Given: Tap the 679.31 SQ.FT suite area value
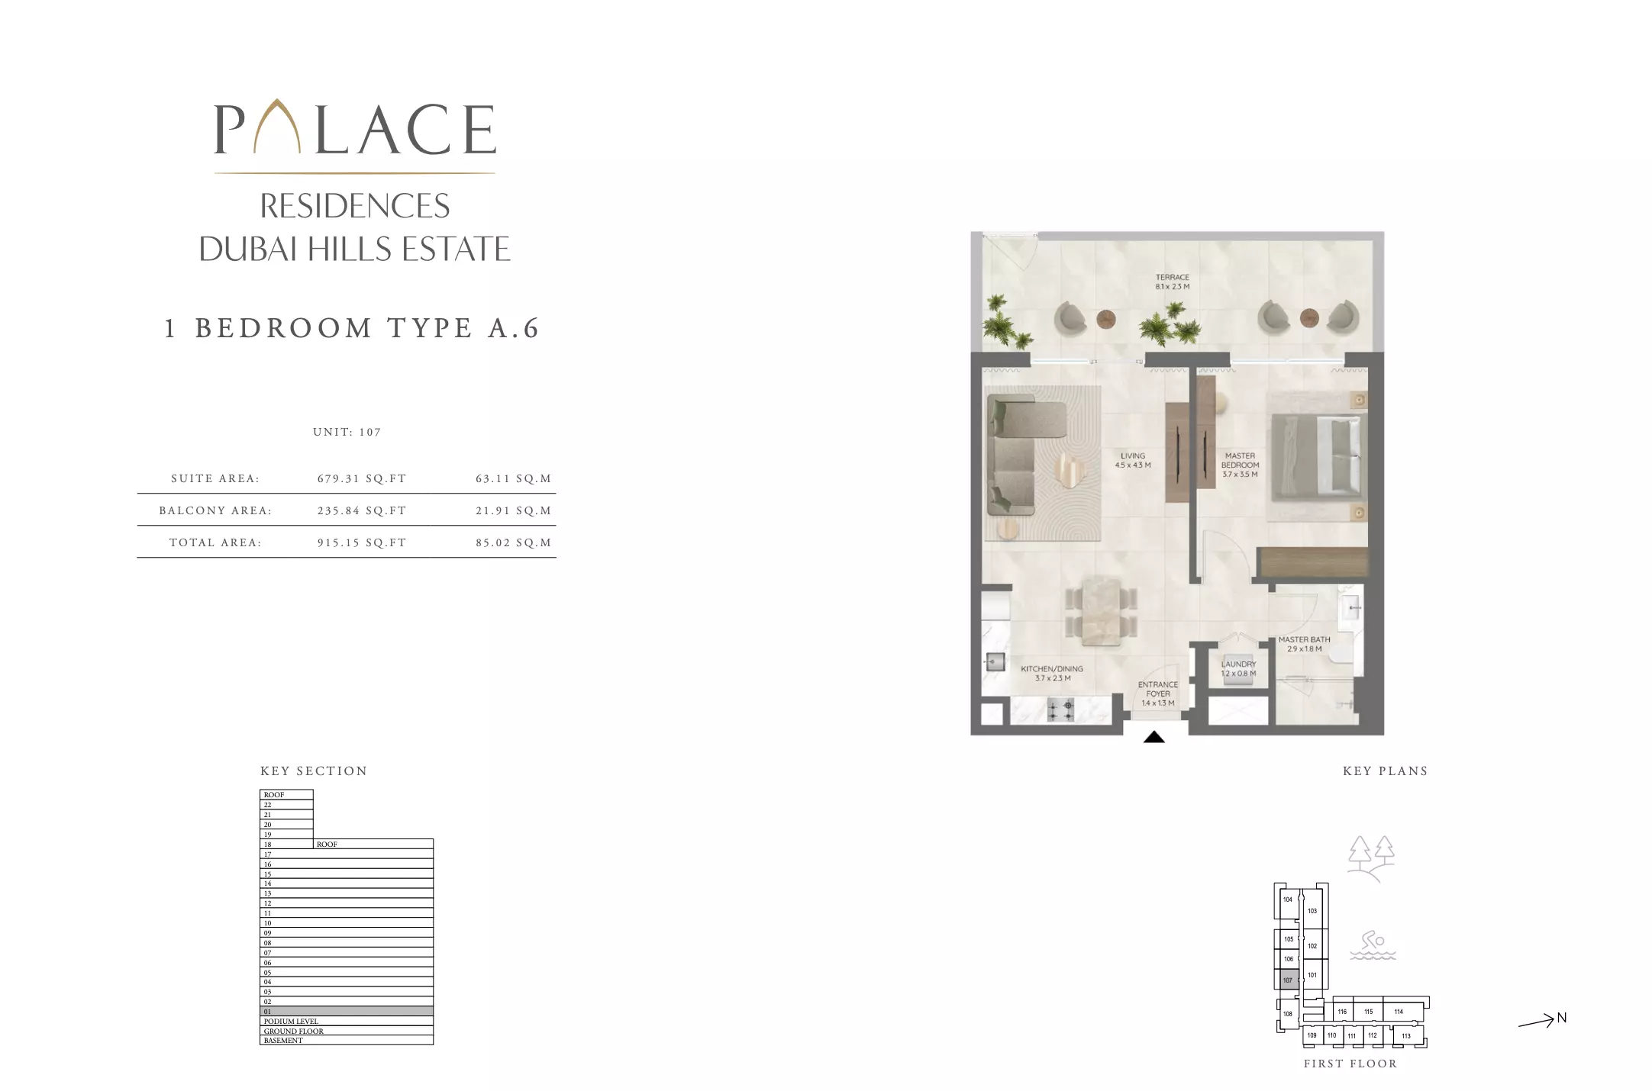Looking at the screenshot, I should pyautogui.click(x=362, y=479).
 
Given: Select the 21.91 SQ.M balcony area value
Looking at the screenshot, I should pyautogui.click(x=513, y=511).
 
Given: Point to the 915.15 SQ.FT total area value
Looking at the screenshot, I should pyautogui.click(x=362, y=543).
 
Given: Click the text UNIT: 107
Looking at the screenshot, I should pyautogui.click(x=347, y=432).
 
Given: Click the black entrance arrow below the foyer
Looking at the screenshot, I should pyautogui.click(x=1153, y=737).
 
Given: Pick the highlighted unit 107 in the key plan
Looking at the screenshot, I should pyautogui.click(x=1288, y=980).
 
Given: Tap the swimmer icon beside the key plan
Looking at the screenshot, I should pyautogui.click(x=1373, y=945).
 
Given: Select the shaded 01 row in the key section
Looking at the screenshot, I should pyautogui.click(x=347, y=1012).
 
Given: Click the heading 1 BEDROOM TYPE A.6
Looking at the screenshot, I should pyautogui.click(x=352, y=328).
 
